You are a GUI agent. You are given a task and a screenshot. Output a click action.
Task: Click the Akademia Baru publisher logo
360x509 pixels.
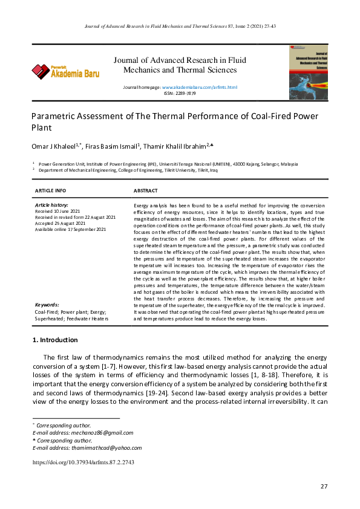point(65,71)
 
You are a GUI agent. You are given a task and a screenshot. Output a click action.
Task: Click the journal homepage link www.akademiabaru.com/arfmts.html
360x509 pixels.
point(199,88)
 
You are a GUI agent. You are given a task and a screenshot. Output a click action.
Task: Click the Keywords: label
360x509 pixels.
point(47,305)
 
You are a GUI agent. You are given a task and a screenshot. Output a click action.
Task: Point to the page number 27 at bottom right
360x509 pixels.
point(323,487)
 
